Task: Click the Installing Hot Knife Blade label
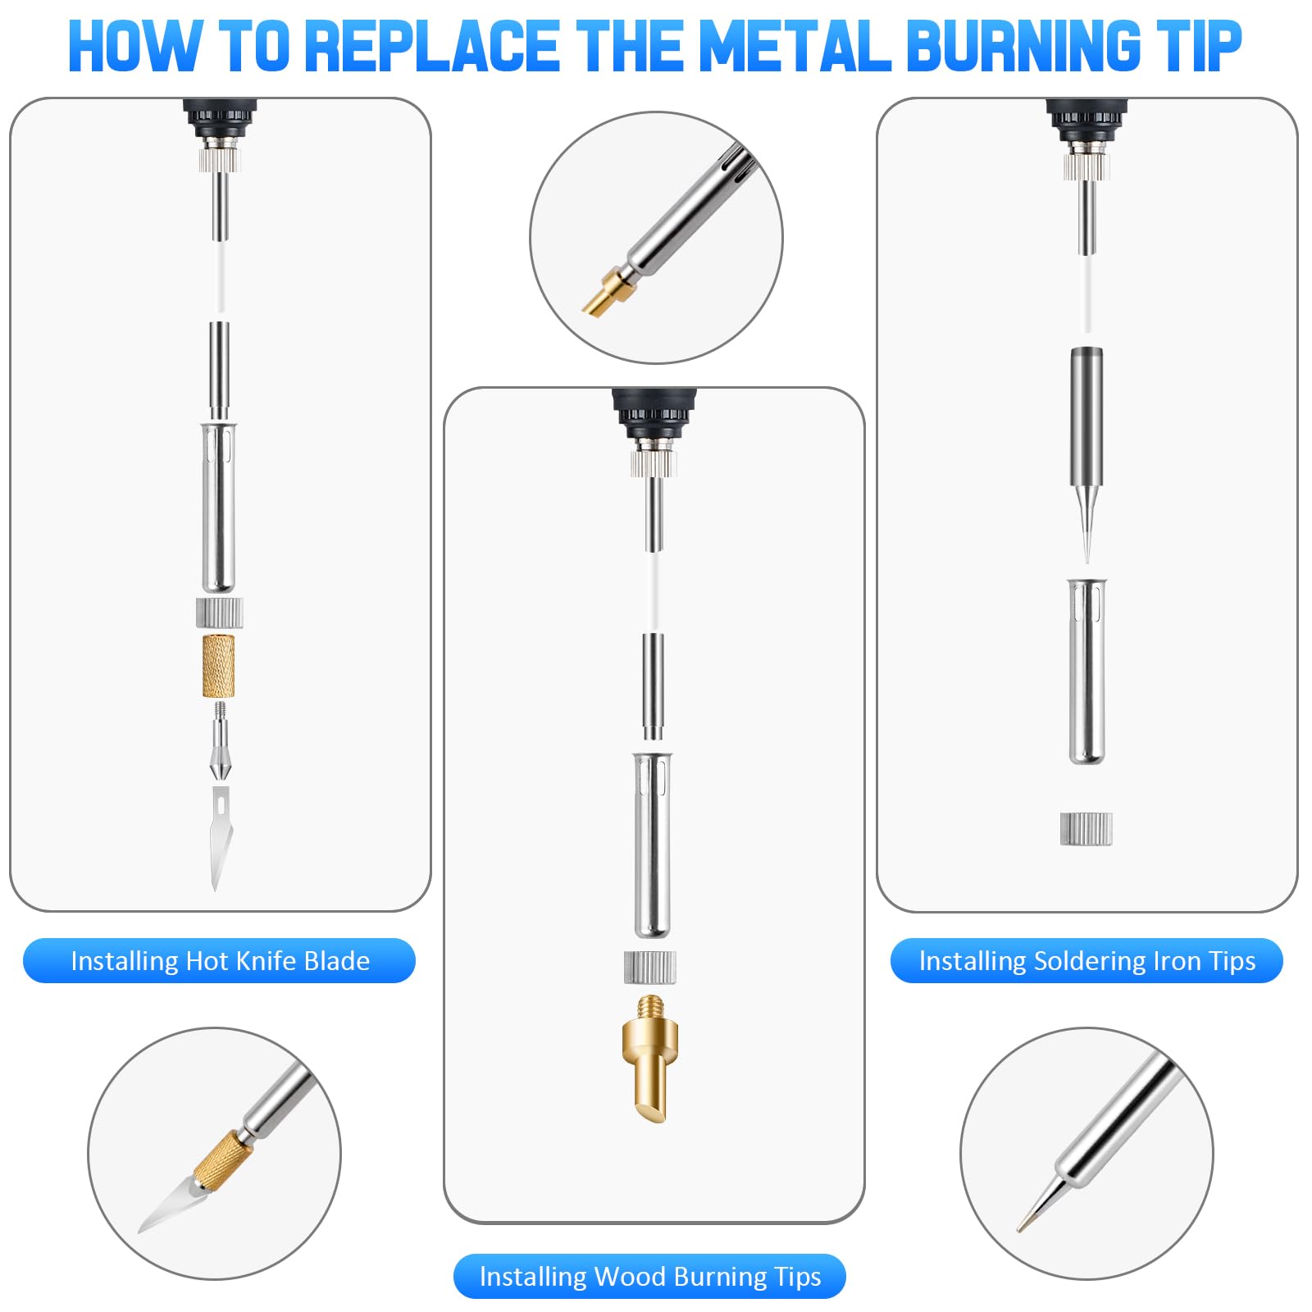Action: [x=220, y=960]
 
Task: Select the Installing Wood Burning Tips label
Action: [x=649, y=1276]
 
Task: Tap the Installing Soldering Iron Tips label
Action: [x=1086, y=960]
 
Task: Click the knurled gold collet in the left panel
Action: [x=219, y=666]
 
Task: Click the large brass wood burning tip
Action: [x=650, y=1059]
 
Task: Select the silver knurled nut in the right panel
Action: [x=1086, y=829]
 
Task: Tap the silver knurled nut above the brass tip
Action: [x=650, y=967]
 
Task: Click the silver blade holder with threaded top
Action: [x=220, y=741]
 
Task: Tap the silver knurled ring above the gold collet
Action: [x=220, y=613]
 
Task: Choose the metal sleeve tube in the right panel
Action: [x=1086, y=672]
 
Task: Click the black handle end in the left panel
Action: [x=220, y=118]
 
